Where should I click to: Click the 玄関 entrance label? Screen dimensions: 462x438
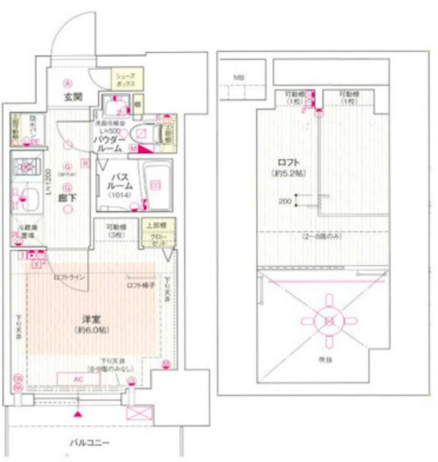pos(71,96)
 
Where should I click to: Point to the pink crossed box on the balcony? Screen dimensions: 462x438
pos(137,413)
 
